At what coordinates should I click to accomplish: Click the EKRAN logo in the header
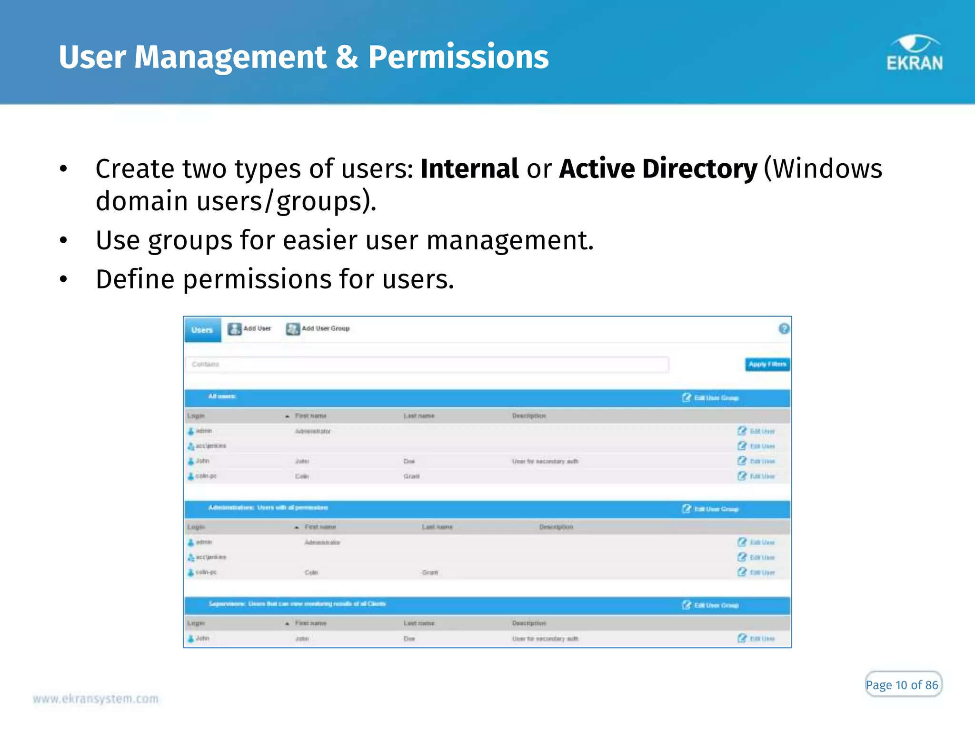tap(914, 53)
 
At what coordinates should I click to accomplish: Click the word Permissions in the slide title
tap(458, 57)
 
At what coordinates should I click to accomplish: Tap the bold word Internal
tap(469, 169)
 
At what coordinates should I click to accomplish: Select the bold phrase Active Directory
tap(657, 169)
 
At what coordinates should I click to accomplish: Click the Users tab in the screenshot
tap(202, 330)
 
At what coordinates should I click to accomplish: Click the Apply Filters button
tap(767, 365)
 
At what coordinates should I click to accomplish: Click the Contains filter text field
tap(426, 365)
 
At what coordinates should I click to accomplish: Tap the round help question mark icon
tap(784, 329)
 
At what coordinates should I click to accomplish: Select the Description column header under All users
tap(528, 416)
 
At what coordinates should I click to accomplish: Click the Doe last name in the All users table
tap(409, 461)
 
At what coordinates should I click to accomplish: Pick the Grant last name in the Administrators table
tap(429, 573)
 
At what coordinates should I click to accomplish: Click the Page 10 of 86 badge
tap(902, 685)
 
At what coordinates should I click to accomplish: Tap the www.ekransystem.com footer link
tap(96, 699)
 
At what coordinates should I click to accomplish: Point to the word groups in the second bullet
tap(189, 240)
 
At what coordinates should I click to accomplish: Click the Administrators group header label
tap(268, 508)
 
